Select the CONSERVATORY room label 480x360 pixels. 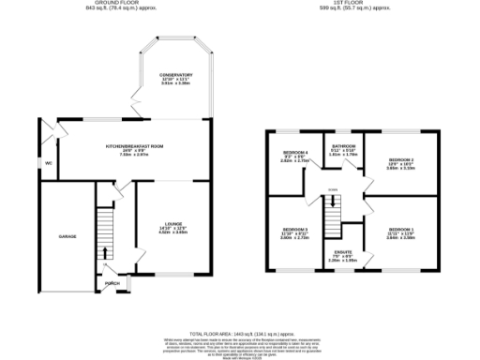pos(175,74)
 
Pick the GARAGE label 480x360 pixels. pos(67,236)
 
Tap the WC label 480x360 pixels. pos(48,163)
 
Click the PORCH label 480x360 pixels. pos(112,282)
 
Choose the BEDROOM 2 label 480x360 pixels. pos(402,160)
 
